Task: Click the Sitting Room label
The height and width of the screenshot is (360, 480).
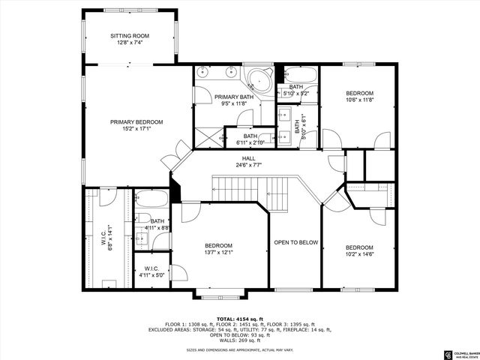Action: coord(130,39)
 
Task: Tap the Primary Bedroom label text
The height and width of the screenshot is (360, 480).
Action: coord(136,125)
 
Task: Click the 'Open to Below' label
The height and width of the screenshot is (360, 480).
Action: coord(295,242)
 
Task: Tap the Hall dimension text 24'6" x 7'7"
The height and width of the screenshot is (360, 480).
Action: coord(248,164)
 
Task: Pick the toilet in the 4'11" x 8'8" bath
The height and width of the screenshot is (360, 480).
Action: coord(142,242)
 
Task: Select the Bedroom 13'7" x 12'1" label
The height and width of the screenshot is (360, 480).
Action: coord(219,250)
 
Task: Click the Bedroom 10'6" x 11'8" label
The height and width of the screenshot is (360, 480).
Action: coord(359,96)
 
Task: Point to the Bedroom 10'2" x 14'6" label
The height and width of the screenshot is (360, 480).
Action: coord(359,251)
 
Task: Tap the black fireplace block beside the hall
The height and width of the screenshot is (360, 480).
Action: coord(175,189)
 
